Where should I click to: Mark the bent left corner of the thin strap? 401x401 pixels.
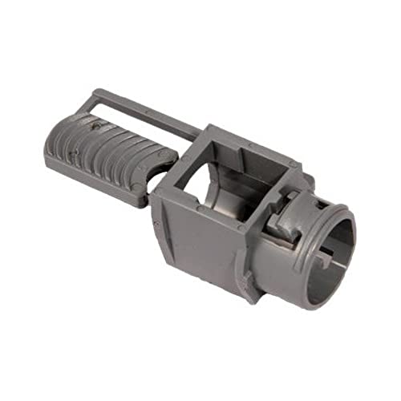click(95, 95)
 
